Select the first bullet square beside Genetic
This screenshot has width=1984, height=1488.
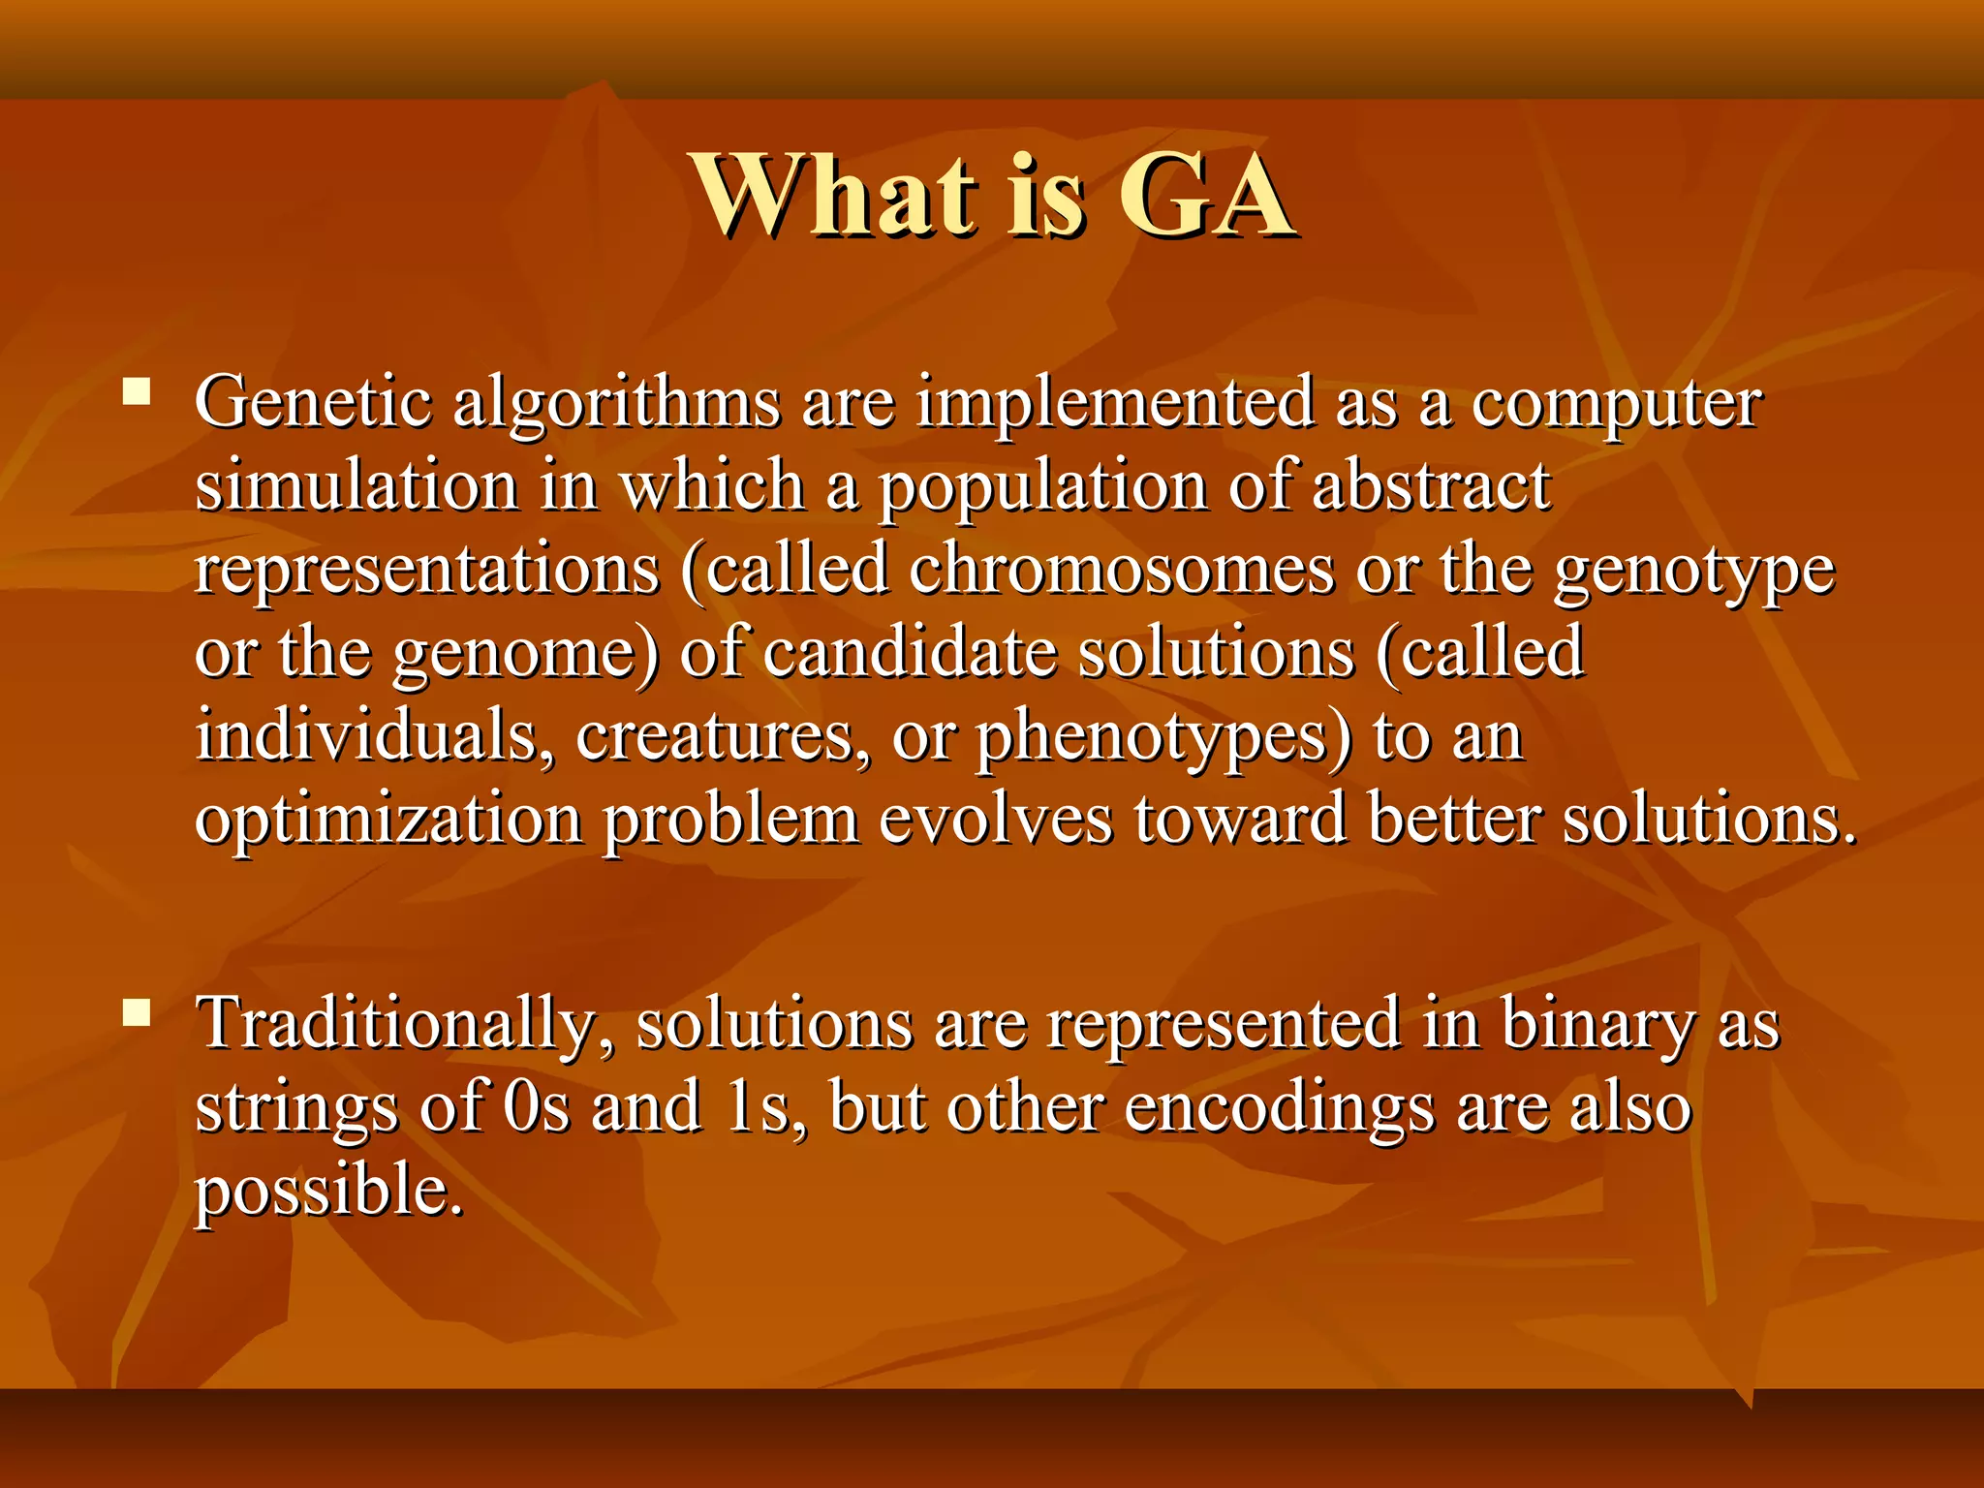click(137, 391)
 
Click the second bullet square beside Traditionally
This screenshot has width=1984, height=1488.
click(137, 1013)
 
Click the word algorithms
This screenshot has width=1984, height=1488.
click(616, 403)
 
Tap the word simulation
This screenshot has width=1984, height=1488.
click(356, 486)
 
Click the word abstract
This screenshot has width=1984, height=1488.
click(1431, 486)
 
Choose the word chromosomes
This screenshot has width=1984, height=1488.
click(1121, 570)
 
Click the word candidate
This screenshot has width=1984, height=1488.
click(910, 653)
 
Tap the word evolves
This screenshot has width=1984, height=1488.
click(996, 820)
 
